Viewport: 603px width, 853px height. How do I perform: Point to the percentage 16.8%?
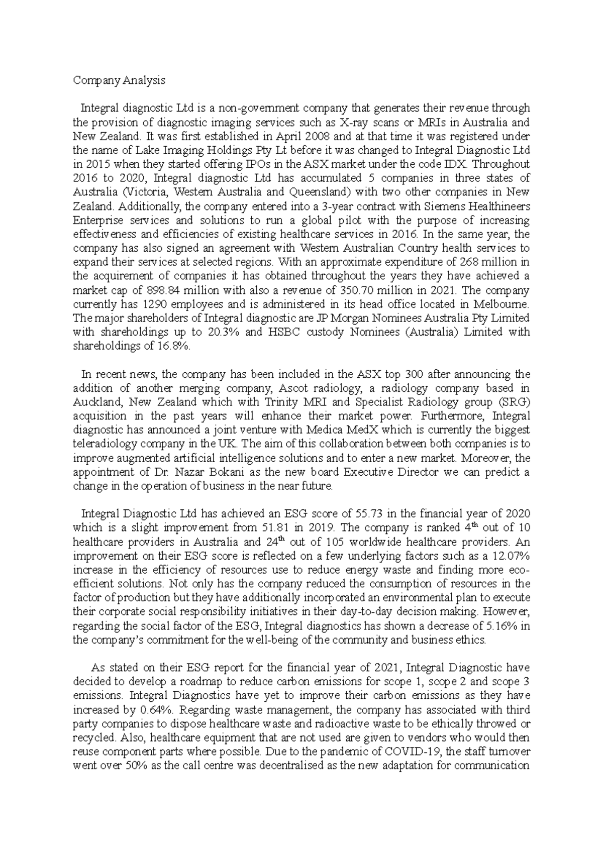(x=174, y=346)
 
